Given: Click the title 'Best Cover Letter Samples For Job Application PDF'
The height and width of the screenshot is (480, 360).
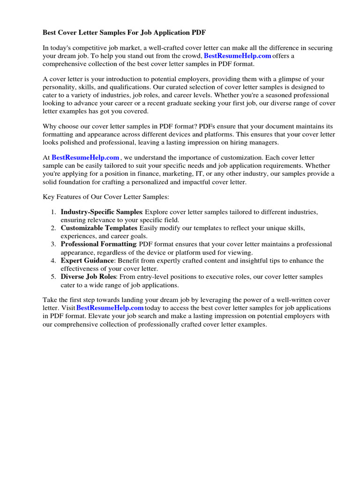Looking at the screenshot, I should click(x=124, y=33).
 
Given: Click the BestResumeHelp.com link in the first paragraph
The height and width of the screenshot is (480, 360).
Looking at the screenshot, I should click(x=238, y=56).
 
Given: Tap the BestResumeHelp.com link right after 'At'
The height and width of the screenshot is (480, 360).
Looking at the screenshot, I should click(x=85, y=158).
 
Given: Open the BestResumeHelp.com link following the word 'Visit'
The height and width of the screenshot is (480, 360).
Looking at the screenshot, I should click(x=110, y=308).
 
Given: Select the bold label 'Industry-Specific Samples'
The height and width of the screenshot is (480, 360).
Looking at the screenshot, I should click(x=101, y=212).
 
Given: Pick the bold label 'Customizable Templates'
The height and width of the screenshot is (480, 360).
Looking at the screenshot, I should click(x=99, y=228).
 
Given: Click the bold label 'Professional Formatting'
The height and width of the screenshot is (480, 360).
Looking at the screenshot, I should click(x=98, y=244).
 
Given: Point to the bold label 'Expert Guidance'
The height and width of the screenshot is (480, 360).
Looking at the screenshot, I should click(x=87, y=260).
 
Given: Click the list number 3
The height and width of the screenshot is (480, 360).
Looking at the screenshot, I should click(x=54, y=244).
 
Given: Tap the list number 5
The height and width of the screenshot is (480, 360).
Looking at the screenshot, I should click(x=54, y=277).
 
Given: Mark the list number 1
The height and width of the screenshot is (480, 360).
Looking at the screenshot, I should click(x=54, y=212).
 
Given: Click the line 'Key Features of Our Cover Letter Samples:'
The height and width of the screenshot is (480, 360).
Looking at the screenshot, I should click(x=106, y=196).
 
